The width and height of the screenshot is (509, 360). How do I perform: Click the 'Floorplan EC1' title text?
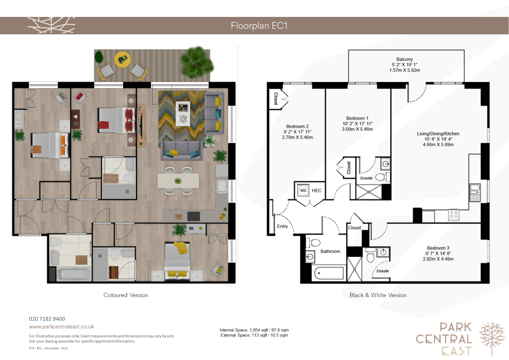[x=259, y=26]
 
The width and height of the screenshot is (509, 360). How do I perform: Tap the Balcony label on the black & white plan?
[x=404, y=59]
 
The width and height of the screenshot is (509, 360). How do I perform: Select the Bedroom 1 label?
[x=357, y=118]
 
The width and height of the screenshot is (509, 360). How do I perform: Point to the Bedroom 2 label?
[x=297, y=126]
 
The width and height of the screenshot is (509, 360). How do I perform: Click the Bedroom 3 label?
[x=438, y=248]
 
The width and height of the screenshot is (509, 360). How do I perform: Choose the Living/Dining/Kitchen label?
[x=438, y=133]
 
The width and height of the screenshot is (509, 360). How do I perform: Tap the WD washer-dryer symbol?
[x=303, y=191]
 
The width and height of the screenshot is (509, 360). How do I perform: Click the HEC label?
[x=316, y=191]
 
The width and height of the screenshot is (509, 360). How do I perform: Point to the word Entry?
[x=282, y=226]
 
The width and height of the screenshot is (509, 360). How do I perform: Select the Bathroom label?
[x=331, y=251]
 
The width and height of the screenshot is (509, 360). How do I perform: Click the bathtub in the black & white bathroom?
[x=329, y=273]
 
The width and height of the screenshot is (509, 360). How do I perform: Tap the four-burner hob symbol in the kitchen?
[x=454, y=214]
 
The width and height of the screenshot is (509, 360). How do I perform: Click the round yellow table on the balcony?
[x=123, y=59]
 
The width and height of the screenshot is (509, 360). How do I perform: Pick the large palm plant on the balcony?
[x=197, y=63]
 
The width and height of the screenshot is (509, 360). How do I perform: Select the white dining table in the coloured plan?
[x=178, y=181]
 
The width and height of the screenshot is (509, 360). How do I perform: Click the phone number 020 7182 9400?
[x=47, y=319]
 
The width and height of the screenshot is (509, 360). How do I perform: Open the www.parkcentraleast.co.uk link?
[x=62, y=327]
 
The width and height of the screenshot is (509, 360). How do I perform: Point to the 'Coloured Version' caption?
[x=126, y=295]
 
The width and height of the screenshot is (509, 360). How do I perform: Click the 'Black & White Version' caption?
[x=378, y=295]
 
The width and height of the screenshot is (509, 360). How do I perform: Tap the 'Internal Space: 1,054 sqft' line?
[x=254, y=330]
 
